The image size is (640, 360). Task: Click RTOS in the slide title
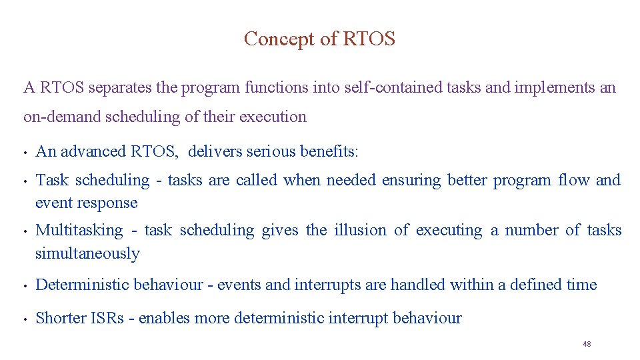[369, 39]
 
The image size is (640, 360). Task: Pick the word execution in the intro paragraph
[273, 117]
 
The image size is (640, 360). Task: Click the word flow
[573, 180]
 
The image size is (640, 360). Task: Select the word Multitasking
[79, 231]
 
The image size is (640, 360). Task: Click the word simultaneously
[87, 253]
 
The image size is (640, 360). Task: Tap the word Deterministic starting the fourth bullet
[82, 285]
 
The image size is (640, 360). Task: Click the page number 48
[587, 344]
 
